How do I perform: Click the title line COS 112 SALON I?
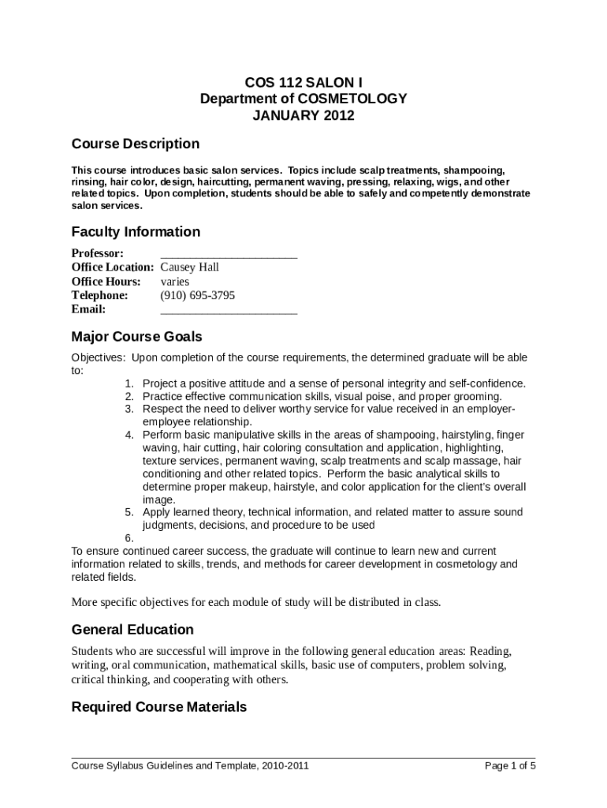pos(303,82)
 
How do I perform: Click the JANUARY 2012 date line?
pos(303,116)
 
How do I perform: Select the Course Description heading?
pos(135,144)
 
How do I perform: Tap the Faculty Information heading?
pos(136,232)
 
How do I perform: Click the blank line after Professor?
pos(229,254)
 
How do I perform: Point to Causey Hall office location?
pos(189,267)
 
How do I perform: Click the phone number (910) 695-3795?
pos(197,295)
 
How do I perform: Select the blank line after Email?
pos(229,309)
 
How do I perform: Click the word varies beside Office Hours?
pos(175,282)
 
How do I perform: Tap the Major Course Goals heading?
pos(136,338)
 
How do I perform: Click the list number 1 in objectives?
pos(129,383)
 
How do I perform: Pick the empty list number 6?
pos(129,538)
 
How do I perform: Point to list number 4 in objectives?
pos(129,435)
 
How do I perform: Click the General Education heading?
pos(132,630)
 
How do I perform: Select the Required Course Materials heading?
pos(158,707)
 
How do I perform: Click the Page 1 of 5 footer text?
pos(510,766)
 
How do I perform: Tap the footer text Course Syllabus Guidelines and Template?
pos(190,766)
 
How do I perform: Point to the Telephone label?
pos(99,295)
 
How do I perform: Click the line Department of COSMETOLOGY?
pos(303,99)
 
